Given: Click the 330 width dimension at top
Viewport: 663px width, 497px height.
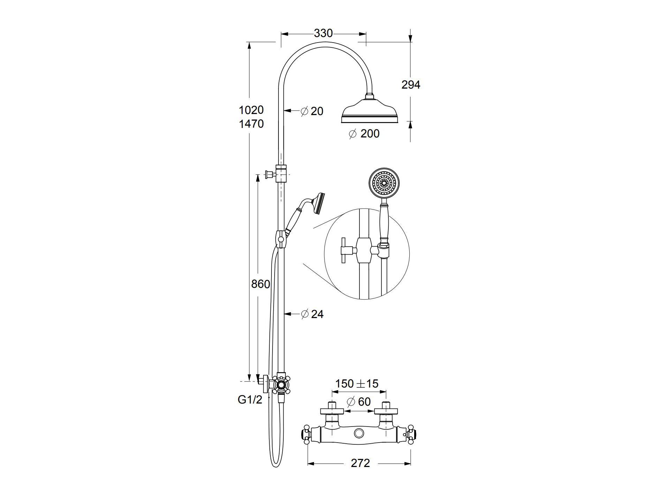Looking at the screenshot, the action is (323, 33).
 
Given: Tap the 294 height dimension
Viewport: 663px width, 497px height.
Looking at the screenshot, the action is (411, 85).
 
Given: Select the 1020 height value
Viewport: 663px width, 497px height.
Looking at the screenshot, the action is (251, 110).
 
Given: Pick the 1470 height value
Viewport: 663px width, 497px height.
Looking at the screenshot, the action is (251, 124).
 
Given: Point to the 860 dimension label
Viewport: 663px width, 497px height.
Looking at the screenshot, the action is (261, 284).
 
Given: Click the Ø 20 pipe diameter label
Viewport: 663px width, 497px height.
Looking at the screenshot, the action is (312, 111).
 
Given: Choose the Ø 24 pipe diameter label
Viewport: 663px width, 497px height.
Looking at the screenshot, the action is (312, 314).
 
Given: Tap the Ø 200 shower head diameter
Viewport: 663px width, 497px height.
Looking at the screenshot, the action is (364, 134).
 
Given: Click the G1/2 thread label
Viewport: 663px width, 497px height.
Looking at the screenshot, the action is (250, 400).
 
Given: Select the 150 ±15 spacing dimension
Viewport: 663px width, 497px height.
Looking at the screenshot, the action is (357, 384).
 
